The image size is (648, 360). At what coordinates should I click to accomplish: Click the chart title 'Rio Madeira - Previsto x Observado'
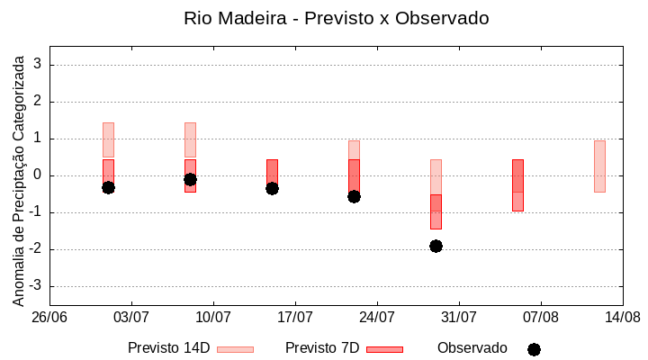pos(336,18)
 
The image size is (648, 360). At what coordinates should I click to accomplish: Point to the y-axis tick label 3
pos(38,65)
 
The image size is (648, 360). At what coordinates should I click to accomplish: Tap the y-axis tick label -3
pos(35,286)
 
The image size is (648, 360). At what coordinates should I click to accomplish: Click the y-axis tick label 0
pos(38,175)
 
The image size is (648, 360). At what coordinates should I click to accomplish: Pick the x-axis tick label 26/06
pos(49,317)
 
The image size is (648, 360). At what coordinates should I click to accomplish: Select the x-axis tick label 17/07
pos(295,317)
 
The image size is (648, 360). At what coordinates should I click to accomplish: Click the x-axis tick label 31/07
pos(459,317)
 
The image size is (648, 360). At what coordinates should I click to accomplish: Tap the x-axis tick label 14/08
pos(622,317)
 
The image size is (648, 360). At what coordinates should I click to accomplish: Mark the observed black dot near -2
pos(436,246)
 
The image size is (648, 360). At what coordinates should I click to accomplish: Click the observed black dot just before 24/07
pos(354,196)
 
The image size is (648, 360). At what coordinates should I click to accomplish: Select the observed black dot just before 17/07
pos(272,188)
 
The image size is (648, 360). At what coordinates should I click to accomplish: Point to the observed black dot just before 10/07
pos(190,179)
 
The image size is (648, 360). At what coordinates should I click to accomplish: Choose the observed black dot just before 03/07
pos(108,187)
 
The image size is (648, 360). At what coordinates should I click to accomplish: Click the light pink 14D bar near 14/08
pos(599,166)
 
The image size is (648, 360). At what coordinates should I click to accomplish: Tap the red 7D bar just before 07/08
pos(517,185)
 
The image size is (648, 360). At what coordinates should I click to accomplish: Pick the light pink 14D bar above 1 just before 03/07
pos(108,139)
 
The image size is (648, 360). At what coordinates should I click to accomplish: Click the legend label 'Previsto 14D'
pos(168,348)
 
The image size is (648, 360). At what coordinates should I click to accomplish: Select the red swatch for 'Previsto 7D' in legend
pos(384,349)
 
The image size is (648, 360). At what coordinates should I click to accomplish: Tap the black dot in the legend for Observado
pos(534,349)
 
